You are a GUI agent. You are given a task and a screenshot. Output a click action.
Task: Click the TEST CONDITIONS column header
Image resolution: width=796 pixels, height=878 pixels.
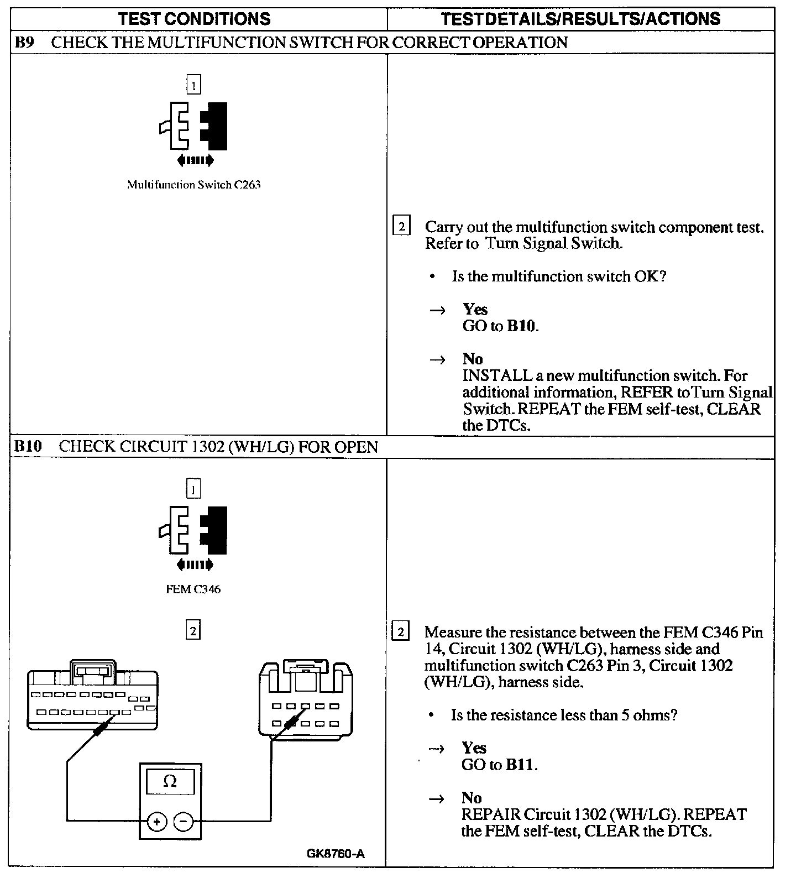195,19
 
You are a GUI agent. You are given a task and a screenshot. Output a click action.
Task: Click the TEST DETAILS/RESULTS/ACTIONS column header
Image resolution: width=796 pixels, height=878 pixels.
580,19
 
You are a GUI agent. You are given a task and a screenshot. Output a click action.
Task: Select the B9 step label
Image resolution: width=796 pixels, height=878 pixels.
25,43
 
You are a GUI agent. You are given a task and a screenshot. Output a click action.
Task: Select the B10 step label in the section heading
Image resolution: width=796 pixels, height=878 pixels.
28,447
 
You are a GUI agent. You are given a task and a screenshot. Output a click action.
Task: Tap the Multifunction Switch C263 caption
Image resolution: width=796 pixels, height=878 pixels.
193,185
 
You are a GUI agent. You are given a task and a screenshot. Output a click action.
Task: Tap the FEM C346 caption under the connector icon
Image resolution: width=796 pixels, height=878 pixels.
193,589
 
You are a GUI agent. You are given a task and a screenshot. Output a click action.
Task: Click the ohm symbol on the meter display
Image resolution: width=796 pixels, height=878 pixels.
170,782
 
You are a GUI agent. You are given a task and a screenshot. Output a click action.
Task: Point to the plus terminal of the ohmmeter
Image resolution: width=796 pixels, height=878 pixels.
157,822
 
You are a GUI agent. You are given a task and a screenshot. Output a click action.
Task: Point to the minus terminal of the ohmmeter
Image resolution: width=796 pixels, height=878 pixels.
184,822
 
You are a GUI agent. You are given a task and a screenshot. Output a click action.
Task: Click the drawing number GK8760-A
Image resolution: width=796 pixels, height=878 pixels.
336,854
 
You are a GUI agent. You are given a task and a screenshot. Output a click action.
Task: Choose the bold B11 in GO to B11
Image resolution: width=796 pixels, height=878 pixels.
520,765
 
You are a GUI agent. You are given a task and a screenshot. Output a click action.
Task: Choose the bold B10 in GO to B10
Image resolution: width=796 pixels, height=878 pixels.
521,326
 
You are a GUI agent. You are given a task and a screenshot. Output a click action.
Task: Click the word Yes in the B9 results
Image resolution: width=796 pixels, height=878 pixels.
475,309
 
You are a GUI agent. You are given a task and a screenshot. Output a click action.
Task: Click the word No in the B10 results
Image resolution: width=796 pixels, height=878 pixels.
472,798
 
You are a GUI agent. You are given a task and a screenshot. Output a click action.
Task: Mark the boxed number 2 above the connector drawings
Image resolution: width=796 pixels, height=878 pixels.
192,630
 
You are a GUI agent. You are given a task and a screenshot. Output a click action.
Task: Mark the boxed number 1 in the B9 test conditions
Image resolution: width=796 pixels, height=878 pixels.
193,85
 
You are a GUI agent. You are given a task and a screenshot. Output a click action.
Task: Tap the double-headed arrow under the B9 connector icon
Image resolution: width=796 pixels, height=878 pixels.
195,161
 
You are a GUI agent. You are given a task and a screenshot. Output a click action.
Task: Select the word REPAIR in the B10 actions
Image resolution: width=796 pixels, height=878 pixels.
491,814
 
